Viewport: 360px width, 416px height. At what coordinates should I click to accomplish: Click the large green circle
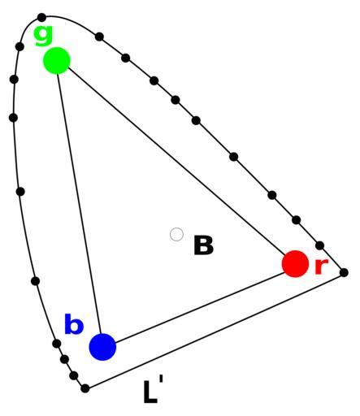[x=57, y=60]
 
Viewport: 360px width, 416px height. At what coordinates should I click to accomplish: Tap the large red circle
[x=295, y=264]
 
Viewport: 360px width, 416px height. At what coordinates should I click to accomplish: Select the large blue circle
[x=102, y=347]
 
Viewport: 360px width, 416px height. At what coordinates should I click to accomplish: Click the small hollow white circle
[x=176, y=234]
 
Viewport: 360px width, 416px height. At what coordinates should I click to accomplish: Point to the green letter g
[x=43, y=36]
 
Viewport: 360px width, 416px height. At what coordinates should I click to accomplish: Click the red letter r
[x=322, y=266]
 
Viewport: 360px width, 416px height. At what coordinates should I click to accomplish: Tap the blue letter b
[x=73, y=324]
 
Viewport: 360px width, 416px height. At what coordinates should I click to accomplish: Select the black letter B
[x=203, y=245]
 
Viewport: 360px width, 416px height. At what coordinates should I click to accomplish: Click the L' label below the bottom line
[x=153, y=392]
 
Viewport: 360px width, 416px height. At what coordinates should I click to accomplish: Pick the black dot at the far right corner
[x=344, y=272]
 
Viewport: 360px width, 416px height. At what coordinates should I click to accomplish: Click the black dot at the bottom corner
[x=85, y=388]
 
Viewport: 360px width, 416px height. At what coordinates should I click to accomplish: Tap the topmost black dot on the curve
[x=41, y=18]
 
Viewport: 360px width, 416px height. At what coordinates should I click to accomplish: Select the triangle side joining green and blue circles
[x=80, y=204]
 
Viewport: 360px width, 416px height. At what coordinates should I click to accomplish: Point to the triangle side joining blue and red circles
[x=200, y=308]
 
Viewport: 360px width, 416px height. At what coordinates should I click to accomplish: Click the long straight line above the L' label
[x=215, y=331]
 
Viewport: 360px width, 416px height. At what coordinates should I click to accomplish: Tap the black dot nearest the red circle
[x=320, y=245]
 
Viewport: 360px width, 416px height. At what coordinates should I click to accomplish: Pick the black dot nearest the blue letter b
[x=56, y=344]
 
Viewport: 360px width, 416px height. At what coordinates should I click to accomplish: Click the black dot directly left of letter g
[x=20, y=46]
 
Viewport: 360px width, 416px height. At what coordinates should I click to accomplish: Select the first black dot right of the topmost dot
[x=99, y=37]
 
